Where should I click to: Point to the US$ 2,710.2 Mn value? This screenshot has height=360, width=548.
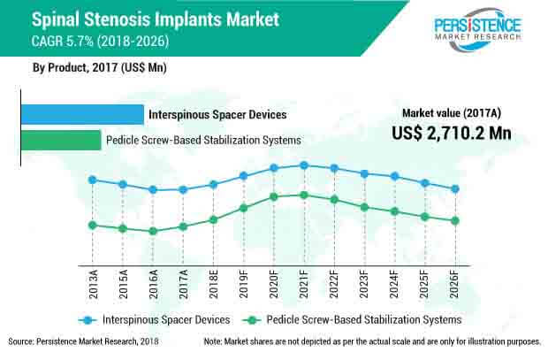tap(451, 133)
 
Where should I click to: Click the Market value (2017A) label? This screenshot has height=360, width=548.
tap(451, 112)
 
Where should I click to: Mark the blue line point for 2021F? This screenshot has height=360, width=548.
tap(304, 165)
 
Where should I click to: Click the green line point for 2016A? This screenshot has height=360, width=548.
tap(153, 231)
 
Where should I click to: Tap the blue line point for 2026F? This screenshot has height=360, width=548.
tap(455, 188)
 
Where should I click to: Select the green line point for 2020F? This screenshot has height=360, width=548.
tap(274, 196)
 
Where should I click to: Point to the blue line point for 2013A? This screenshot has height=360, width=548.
tap(93, 180)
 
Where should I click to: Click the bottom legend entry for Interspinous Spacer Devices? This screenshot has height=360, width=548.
tap(155, 318)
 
